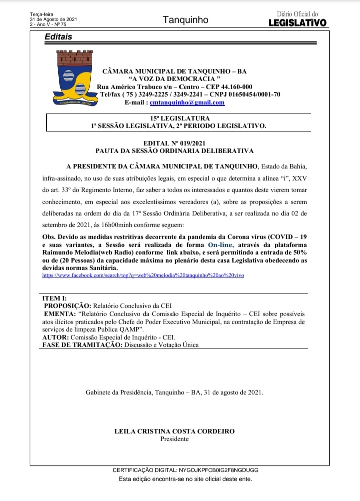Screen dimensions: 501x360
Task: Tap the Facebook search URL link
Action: click(143, 275)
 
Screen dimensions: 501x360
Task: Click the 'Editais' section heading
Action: click(58, 37)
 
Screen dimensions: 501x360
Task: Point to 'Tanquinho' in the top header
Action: click(185, 20)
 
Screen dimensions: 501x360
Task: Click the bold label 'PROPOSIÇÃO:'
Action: click(67, 305)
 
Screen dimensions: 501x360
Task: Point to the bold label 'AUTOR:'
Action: click(57, 337)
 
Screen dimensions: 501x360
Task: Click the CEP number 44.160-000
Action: click(235, 87)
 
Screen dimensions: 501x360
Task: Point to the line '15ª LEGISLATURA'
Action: click(178, 118)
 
